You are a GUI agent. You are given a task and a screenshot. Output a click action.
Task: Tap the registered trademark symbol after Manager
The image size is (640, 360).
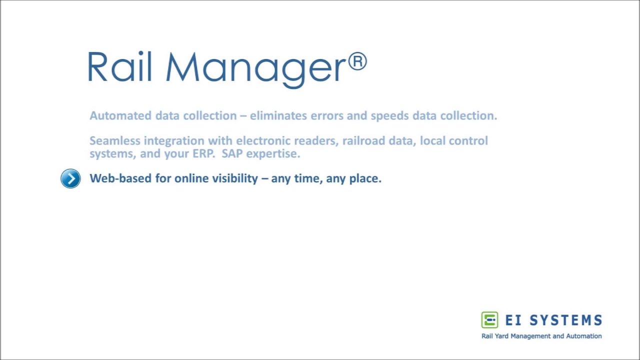coord(357,62)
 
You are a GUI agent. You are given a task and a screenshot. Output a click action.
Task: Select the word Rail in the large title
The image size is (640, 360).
coord(119,67)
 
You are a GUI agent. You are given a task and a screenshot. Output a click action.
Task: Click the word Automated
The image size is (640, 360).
coord(120,115)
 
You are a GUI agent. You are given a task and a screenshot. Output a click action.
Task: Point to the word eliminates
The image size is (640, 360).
coord(278,115)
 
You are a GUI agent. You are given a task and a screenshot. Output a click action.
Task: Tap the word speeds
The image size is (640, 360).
coord(389,115)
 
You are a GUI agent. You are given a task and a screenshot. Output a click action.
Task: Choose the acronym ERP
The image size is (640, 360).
coord(203,153)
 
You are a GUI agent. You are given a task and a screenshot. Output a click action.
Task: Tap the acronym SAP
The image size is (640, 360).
coord(232,153)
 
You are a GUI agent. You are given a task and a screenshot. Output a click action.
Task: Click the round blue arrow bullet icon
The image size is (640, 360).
coord(70,178)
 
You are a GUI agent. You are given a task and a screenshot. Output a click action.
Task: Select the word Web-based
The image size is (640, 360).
coord(120,178)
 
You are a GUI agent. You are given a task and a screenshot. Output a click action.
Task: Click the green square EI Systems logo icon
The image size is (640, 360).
coord(489,320)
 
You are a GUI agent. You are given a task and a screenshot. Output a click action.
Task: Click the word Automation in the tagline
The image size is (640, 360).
coord(584,336)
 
